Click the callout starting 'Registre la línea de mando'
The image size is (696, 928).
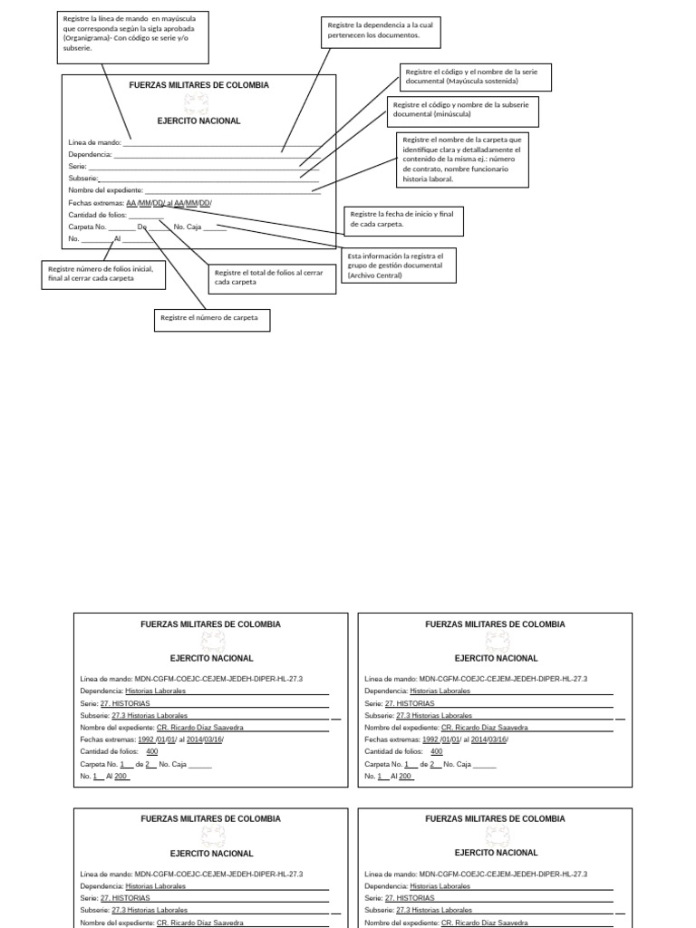pos(132,34)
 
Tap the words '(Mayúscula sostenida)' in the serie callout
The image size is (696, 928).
pos(481,81)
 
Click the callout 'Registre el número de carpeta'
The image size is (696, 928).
pos(212,318)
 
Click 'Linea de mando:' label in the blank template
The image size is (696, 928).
pos(94,142)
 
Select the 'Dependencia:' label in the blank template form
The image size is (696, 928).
pos(90,155)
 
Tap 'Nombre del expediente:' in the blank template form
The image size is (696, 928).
pos(105,190)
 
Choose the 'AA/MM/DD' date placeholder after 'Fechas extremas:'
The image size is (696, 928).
pos(145,203)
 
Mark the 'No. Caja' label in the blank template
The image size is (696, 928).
pos(188,227)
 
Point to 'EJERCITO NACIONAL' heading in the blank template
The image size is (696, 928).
pos(198,121)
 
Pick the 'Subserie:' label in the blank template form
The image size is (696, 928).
pos(83,179)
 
